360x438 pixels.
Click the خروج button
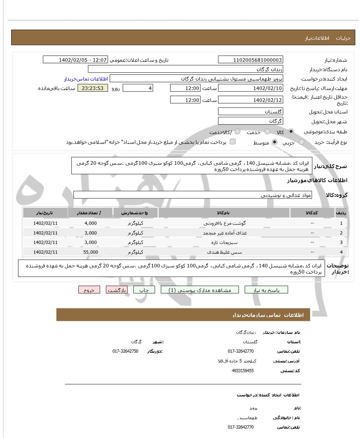89,290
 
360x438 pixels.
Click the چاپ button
144,290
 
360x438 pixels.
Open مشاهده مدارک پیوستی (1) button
200,290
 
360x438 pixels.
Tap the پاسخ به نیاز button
266,290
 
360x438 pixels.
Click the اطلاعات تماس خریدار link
86,79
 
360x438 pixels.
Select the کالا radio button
291,132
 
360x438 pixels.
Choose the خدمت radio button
267,132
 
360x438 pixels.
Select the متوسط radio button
275,142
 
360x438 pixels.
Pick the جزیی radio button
301,142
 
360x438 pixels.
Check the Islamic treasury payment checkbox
233,142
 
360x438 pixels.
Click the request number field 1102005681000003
250,60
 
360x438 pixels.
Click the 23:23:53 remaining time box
93,88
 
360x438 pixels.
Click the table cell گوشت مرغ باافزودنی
224,223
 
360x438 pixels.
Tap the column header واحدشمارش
136,213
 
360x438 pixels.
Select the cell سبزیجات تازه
224,242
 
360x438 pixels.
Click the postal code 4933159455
243,370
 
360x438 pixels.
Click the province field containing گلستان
250,112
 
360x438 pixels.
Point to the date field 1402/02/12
250,100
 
